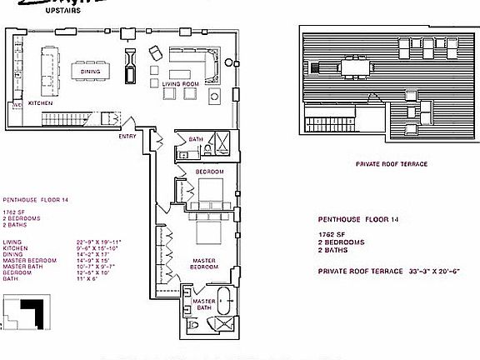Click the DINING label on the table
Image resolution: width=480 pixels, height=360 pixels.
tap(91, 72)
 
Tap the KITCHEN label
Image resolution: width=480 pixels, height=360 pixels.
tap(40, 103)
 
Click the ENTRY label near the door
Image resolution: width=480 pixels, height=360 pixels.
tap(127, 136)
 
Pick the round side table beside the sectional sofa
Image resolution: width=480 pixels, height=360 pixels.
tap(215, 97)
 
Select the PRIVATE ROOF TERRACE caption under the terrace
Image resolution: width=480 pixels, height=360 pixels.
tap(391, 164)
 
